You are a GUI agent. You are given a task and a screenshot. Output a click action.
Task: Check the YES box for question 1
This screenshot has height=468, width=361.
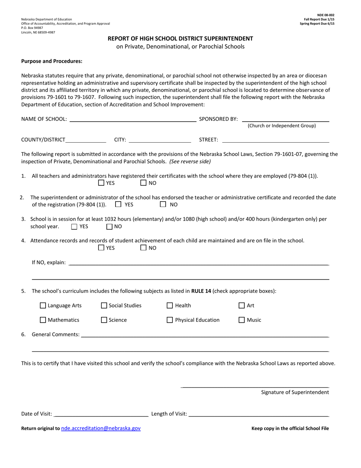tap(101, 183)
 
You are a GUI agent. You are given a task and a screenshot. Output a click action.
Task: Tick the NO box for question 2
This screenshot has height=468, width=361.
tap(163, 204)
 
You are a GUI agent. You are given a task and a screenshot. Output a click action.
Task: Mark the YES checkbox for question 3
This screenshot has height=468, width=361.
tap(74, 227)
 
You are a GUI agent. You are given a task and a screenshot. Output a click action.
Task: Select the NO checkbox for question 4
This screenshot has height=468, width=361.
tap(143, 248)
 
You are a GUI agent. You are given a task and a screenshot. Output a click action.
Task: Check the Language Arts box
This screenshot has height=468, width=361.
tap(43, 306)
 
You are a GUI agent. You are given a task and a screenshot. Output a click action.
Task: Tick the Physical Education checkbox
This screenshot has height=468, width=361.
tap(170, 320)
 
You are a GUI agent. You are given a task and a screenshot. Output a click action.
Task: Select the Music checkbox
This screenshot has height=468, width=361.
tap(242, 320)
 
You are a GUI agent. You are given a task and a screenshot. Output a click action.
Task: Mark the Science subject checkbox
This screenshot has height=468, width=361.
tap(104, 320)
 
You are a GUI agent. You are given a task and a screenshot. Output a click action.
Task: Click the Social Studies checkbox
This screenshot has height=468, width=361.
tap(104, 306)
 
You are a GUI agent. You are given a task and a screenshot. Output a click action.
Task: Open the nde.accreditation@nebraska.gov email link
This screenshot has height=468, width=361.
tap(101, 428)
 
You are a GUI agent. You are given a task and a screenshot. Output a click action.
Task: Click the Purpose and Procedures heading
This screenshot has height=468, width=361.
tap(52, 61)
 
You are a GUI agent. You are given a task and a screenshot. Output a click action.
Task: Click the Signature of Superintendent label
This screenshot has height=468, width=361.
tap(295, 392)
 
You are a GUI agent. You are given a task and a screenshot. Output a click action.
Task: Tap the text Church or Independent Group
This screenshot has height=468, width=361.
tap(282, 126)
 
